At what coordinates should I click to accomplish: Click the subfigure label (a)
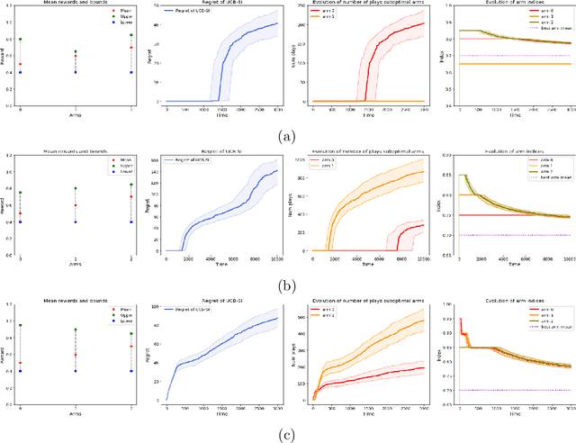click(287, 136)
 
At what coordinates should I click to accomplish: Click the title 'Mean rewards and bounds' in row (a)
click(75, 5)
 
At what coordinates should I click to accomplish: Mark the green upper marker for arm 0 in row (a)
click(20, 40)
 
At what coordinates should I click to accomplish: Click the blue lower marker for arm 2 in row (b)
click(131, 221)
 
